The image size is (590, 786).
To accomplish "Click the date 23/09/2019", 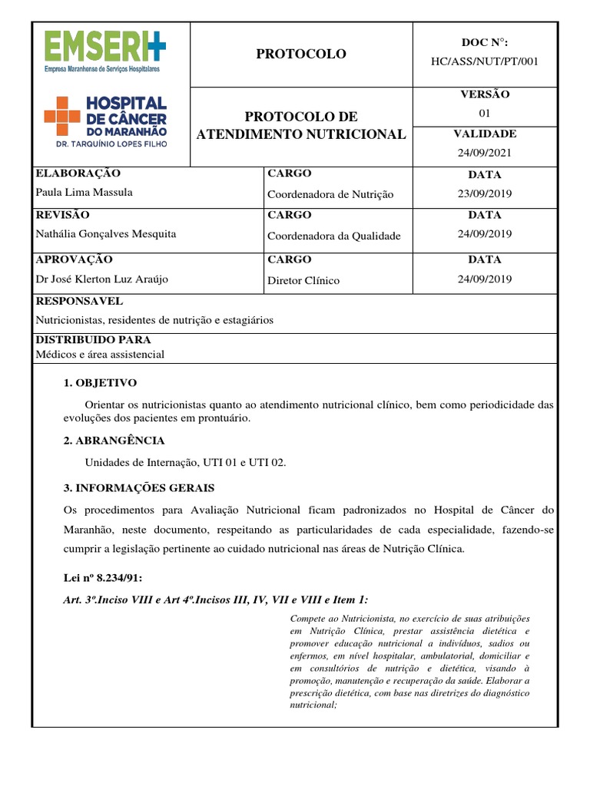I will click(x=484, y=193).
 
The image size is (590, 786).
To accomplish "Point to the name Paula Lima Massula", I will click(x=85, y=193).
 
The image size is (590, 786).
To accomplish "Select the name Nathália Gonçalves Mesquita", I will click(x=104, y=234).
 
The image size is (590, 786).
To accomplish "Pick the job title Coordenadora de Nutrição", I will click(x=330, y=194).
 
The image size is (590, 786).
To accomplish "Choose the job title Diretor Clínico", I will click(x=303, y=280).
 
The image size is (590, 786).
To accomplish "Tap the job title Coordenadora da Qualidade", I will click(x=333, y=236).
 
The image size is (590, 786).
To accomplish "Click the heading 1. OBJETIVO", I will click(x=100, y=382).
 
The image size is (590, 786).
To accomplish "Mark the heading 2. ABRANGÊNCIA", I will click(x=114, y=441).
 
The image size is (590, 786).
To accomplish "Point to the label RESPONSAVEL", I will click(x=79, y=301).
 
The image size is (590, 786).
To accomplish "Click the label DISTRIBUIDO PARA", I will click(x=93, y=339).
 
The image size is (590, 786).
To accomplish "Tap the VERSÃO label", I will click(x=484, y=94).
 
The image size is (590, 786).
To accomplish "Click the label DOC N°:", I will click(x=484, y=43).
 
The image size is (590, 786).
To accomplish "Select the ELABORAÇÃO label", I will click(x=78, y=173).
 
